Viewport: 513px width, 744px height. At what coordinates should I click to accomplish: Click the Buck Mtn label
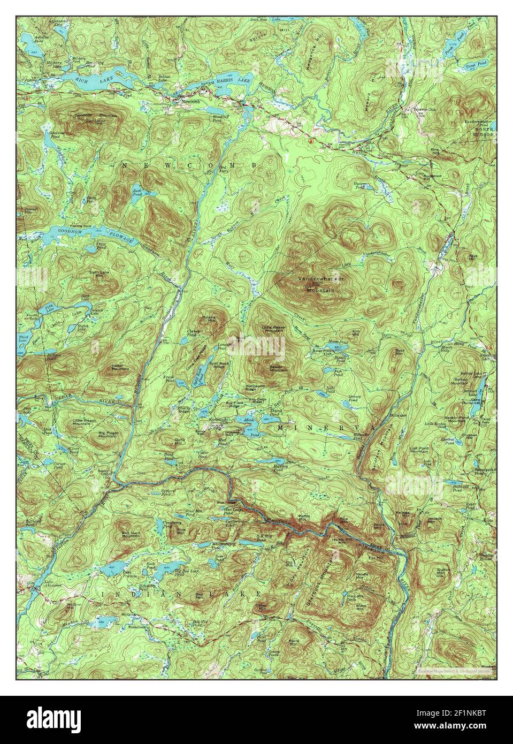coord(399,352)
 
